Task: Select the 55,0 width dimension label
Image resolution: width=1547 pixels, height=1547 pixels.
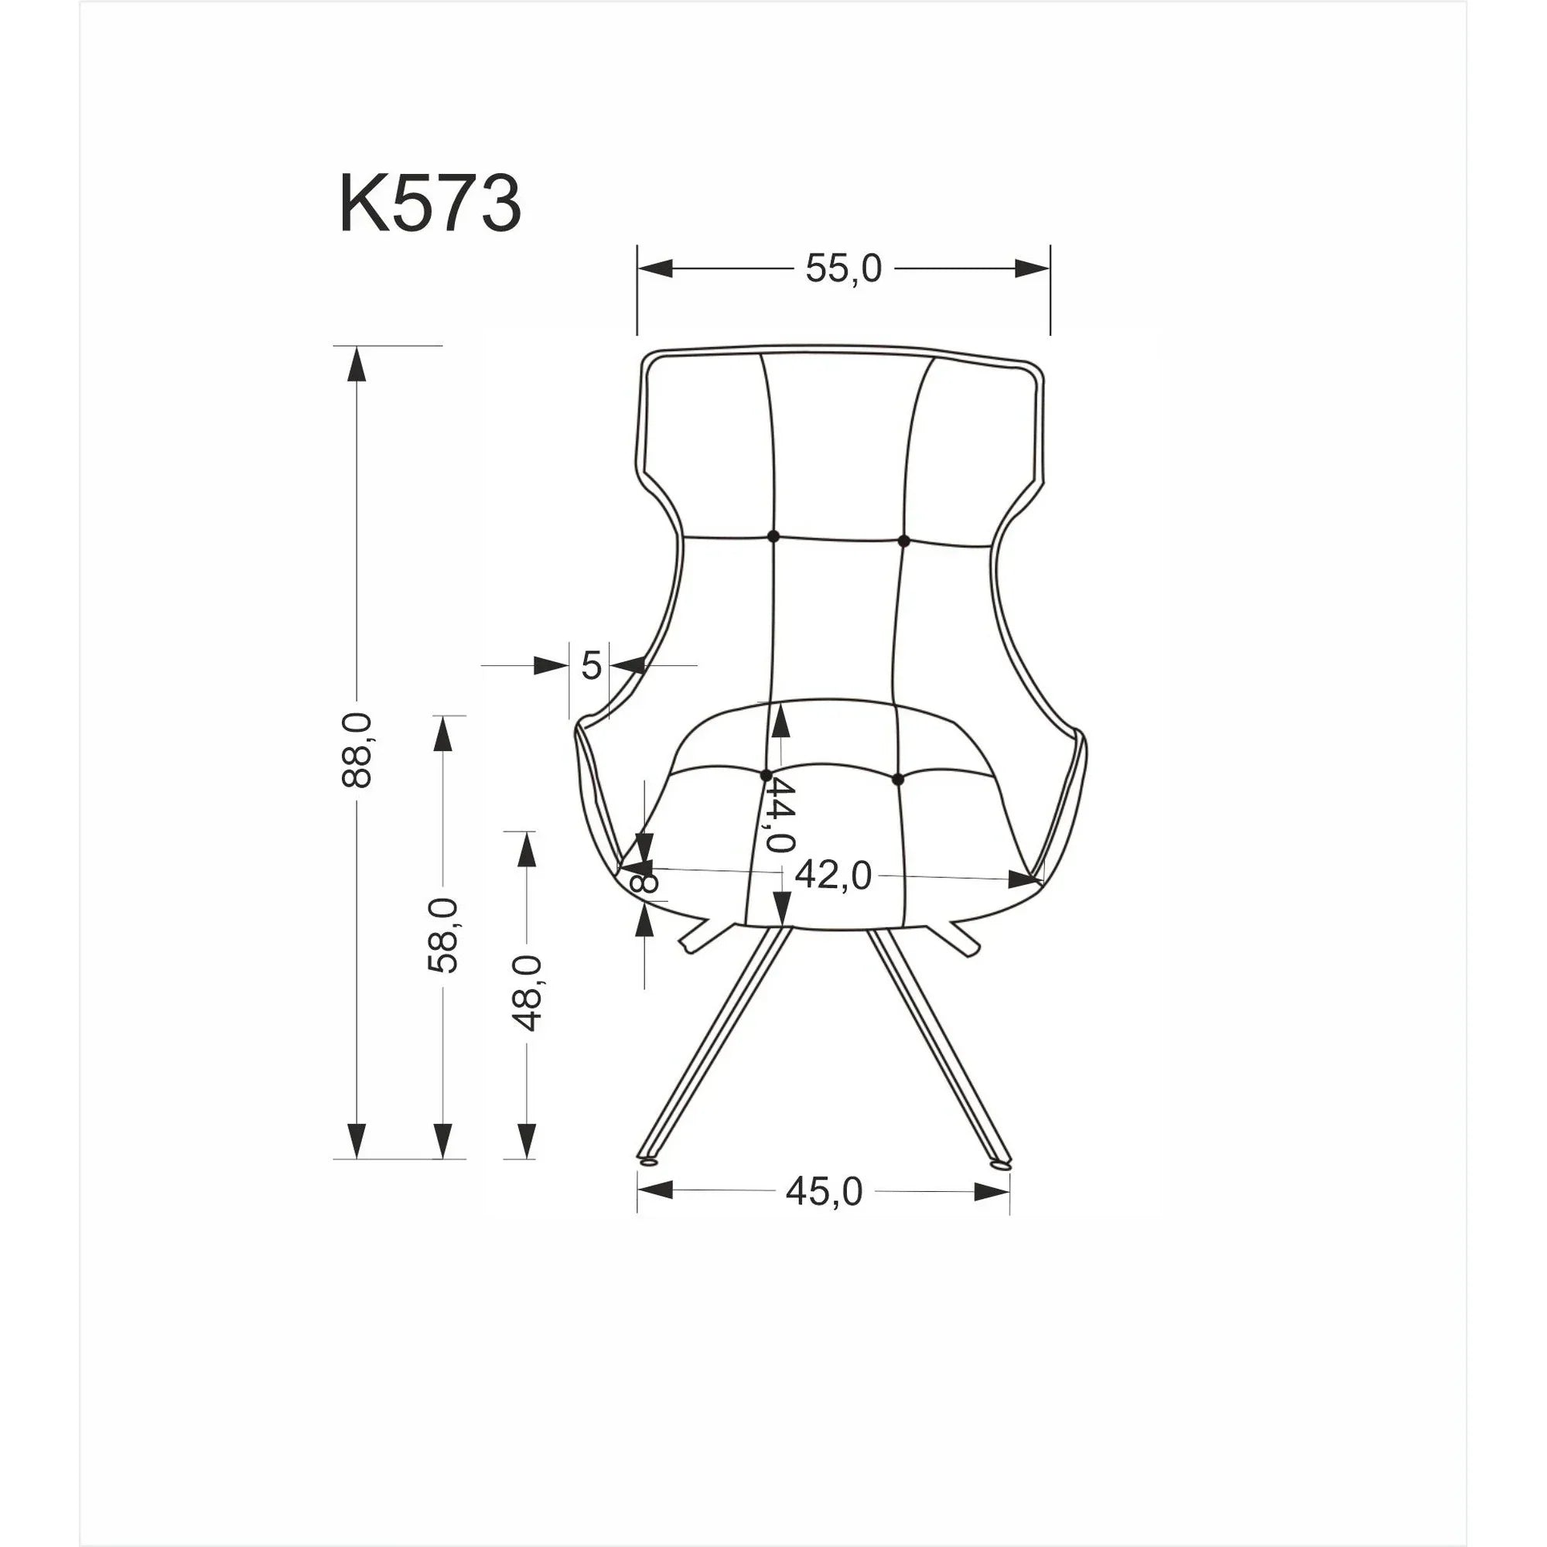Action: click(843, 269)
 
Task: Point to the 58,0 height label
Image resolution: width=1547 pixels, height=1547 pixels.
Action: click(442, 934)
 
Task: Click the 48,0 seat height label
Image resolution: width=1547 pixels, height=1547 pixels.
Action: click(528, 992)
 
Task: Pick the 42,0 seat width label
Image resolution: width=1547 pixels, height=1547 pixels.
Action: click(833, 876)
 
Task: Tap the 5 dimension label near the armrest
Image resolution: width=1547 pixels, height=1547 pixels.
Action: click(591, 665)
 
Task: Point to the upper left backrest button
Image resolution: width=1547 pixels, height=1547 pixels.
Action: click(773, 537)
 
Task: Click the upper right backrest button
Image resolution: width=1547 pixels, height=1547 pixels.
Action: click(904, 541)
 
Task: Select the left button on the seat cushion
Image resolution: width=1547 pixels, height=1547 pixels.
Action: click(766, 775)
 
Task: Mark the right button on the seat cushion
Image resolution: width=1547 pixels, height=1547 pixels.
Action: click(896, 778)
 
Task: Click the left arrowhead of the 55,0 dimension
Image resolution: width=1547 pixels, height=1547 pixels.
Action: click(654, 269)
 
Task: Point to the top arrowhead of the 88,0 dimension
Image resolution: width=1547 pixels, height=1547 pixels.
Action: click(357, 364)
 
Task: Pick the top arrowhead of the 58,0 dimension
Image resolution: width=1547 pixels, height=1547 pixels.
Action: click(442, 733)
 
